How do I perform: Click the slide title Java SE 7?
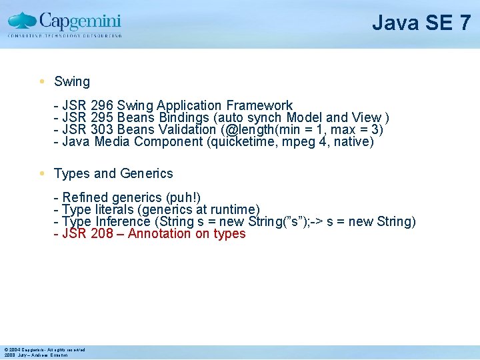[421, 23]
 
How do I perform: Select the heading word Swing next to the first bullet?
[72, 82]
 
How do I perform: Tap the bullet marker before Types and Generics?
[42, 173]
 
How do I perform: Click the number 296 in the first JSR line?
[101, 105]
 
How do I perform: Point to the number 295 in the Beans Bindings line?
[101, 117]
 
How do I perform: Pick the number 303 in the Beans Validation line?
[101, 129]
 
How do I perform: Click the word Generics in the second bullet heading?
[147, 173]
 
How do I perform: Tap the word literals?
[117, 209]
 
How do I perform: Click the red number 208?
[101, 233]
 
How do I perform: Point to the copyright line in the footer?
[44, 349]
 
